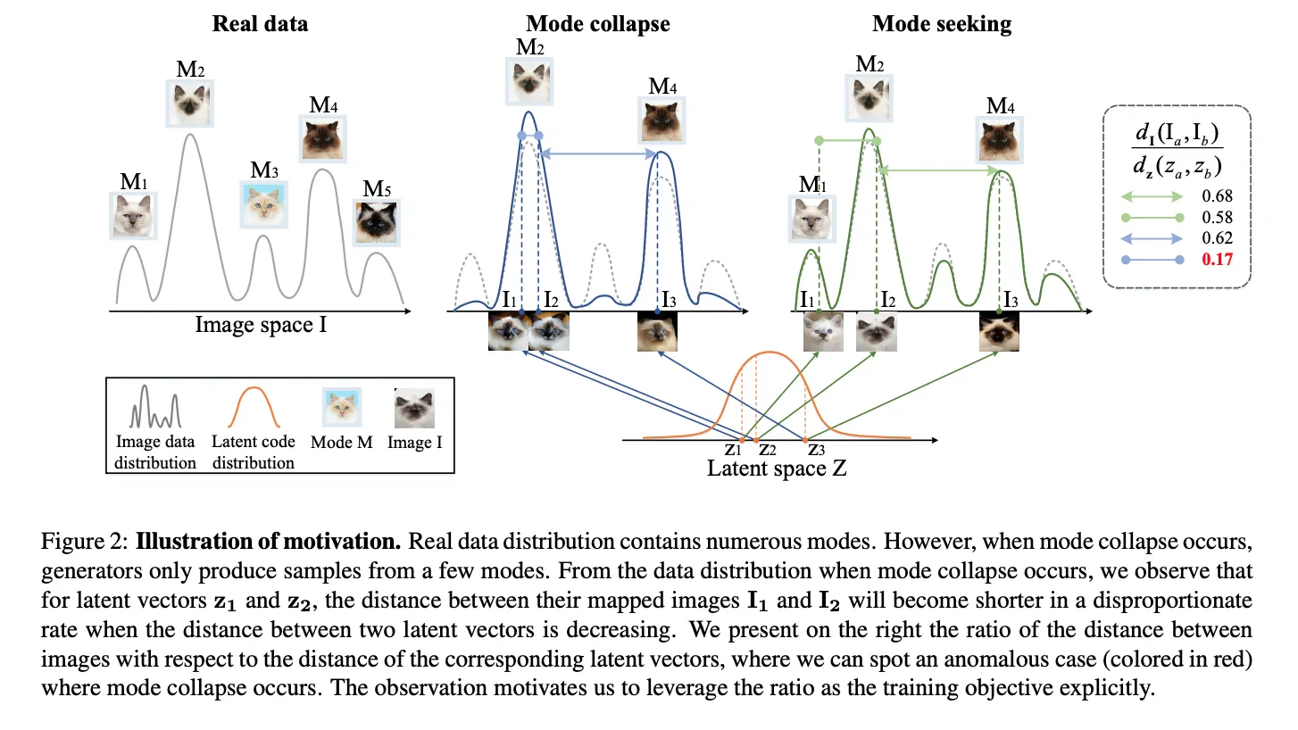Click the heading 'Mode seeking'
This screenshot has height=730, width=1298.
[942, 23]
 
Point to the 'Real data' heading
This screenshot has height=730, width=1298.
[260, 23]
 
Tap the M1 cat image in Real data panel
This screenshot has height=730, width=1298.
[133, 216]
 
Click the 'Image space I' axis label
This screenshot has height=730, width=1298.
[261, 325]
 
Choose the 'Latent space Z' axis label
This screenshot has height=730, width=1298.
[776, 468]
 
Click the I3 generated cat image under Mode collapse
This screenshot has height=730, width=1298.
[658, 332]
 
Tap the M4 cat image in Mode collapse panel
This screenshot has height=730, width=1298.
[661, 120]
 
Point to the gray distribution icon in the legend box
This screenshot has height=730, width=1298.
[155, 410]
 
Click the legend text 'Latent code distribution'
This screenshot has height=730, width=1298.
[253, 452]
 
